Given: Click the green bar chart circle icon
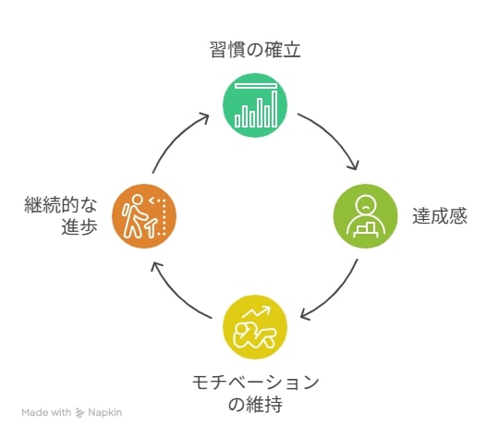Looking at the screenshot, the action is pos(255,105).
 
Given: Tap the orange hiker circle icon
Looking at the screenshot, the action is pos(144,216).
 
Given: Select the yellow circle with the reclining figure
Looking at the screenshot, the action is pos(255,327).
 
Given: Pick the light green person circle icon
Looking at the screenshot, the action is pos(366,216).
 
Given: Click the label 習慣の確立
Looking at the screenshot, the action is pos(255,50).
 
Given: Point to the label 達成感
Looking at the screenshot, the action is pos(440,216).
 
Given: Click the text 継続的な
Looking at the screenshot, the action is pos(61,204).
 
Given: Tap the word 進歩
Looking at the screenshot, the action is pos(79,227).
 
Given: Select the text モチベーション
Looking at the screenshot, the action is pos(256,383).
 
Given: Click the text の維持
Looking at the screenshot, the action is pos(255,405).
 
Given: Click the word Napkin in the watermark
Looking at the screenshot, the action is pos(105,412).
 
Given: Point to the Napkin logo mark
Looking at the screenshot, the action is pos(79,413).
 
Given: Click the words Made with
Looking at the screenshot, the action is pos(46,412).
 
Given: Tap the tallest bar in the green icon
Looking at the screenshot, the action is pos(274,108).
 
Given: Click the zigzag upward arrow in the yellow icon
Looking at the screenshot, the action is pos(257,311).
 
